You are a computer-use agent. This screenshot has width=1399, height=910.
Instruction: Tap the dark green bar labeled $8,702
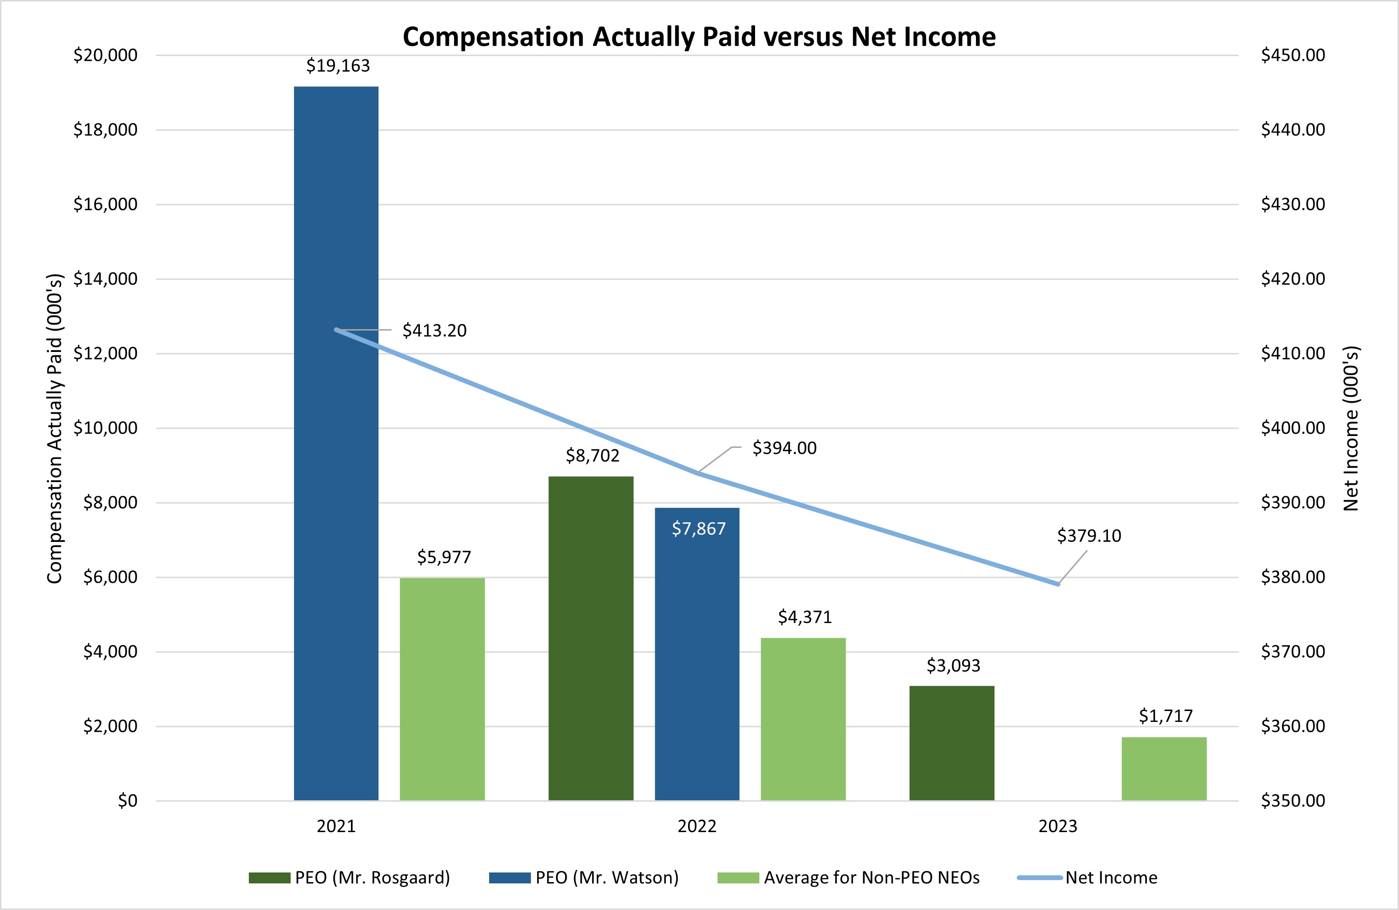tap(591, 638)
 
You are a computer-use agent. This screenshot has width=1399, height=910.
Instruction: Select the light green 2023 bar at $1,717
tap(1164, 769)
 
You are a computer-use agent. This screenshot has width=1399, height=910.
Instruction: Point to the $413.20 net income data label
tap(435, 331)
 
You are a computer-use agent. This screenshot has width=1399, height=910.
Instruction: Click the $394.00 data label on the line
tap(784, 448)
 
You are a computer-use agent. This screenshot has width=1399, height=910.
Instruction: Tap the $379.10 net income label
tap(1088, 536)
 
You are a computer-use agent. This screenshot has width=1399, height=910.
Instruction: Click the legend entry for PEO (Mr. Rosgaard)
tap(349, 878)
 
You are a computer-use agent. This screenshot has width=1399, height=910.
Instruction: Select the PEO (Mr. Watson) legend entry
tap(584, 878)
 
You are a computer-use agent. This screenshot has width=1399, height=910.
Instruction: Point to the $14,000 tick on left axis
tap(105, 279)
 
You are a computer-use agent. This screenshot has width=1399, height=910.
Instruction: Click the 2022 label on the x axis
tap(697, 826)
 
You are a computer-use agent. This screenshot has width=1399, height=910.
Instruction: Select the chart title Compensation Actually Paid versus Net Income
tap(699, 37)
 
